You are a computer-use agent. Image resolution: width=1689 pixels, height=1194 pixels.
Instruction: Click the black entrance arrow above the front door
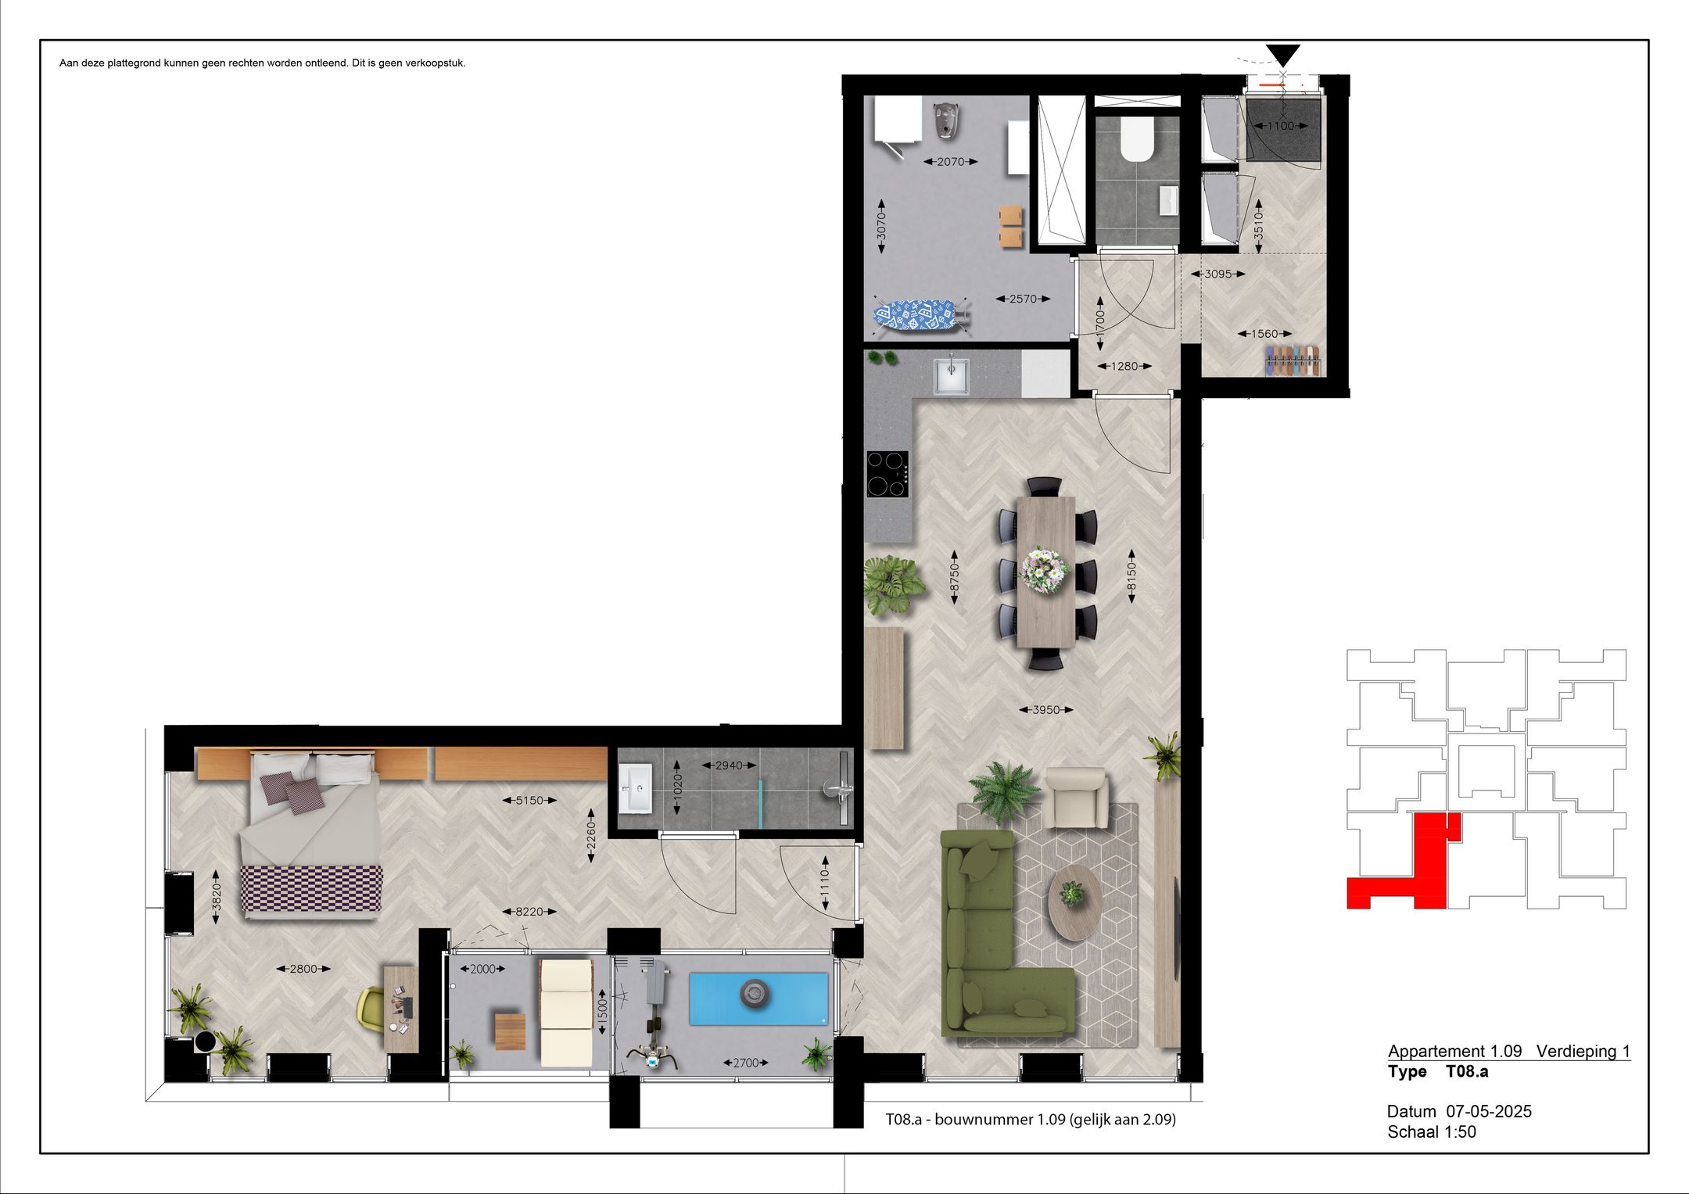coord(1282,54)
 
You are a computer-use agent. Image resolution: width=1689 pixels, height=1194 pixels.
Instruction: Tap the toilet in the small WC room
coord(1136,140)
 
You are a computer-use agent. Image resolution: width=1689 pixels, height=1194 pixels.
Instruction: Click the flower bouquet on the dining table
coord(1045,568)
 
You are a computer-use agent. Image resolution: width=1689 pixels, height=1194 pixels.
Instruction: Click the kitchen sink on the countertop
coord(952,375)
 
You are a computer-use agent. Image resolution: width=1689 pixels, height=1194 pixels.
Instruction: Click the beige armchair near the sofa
coord(1077,797)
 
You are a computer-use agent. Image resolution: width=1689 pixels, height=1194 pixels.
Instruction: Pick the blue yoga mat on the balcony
coord(758,998)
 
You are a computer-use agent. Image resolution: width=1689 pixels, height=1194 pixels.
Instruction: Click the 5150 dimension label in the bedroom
coord(529,800)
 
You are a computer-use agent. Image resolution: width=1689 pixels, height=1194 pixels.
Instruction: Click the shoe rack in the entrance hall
coord(1293,360)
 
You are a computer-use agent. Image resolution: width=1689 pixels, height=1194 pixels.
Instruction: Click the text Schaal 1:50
coord(1431,1131)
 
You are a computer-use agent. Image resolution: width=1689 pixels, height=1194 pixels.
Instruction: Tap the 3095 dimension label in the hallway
coord(1218,274)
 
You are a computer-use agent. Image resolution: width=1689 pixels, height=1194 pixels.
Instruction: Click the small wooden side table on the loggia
coord(510,1031)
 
